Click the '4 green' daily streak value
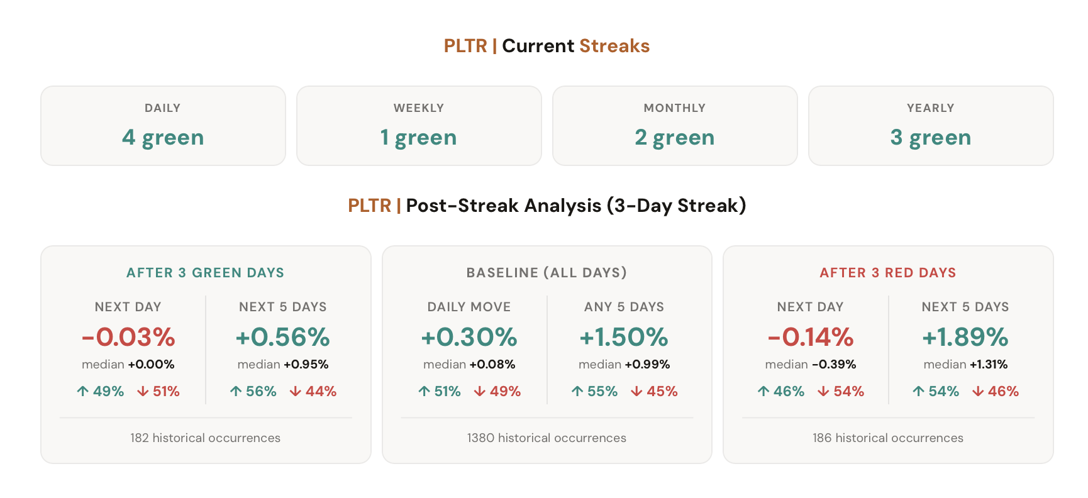[x=163, y=137]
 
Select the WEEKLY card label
[x=419, y=108]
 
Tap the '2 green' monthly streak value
[x=674, y=137]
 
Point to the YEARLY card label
[x=930, y=108]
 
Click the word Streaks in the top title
[x=614, y=46]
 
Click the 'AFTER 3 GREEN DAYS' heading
[x=205, y=273]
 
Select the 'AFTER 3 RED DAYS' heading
[x=887, y=273]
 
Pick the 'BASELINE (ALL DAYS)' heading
[x=547, y=273]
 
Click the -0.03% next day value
[x=128, y=337]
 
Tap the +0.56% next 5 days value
[x=282, y=337]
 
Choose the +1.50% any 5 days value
[x=623, y=337]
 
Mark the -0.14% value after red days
[x=810, y=337]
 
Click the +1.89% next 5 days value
[x=965, y=337]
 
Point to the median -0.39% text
[x=810, y=365]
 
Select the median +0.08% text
[x=469, y=365]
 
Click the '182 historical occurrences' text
[x=205, y=438]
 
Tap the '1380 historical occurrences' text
[x=547, y=438]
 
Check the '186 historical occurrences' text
[x=887, y=438]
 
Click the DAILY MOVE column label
[x=469, y=307]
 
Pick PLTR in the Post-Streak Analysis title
[x=369, y=206]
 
